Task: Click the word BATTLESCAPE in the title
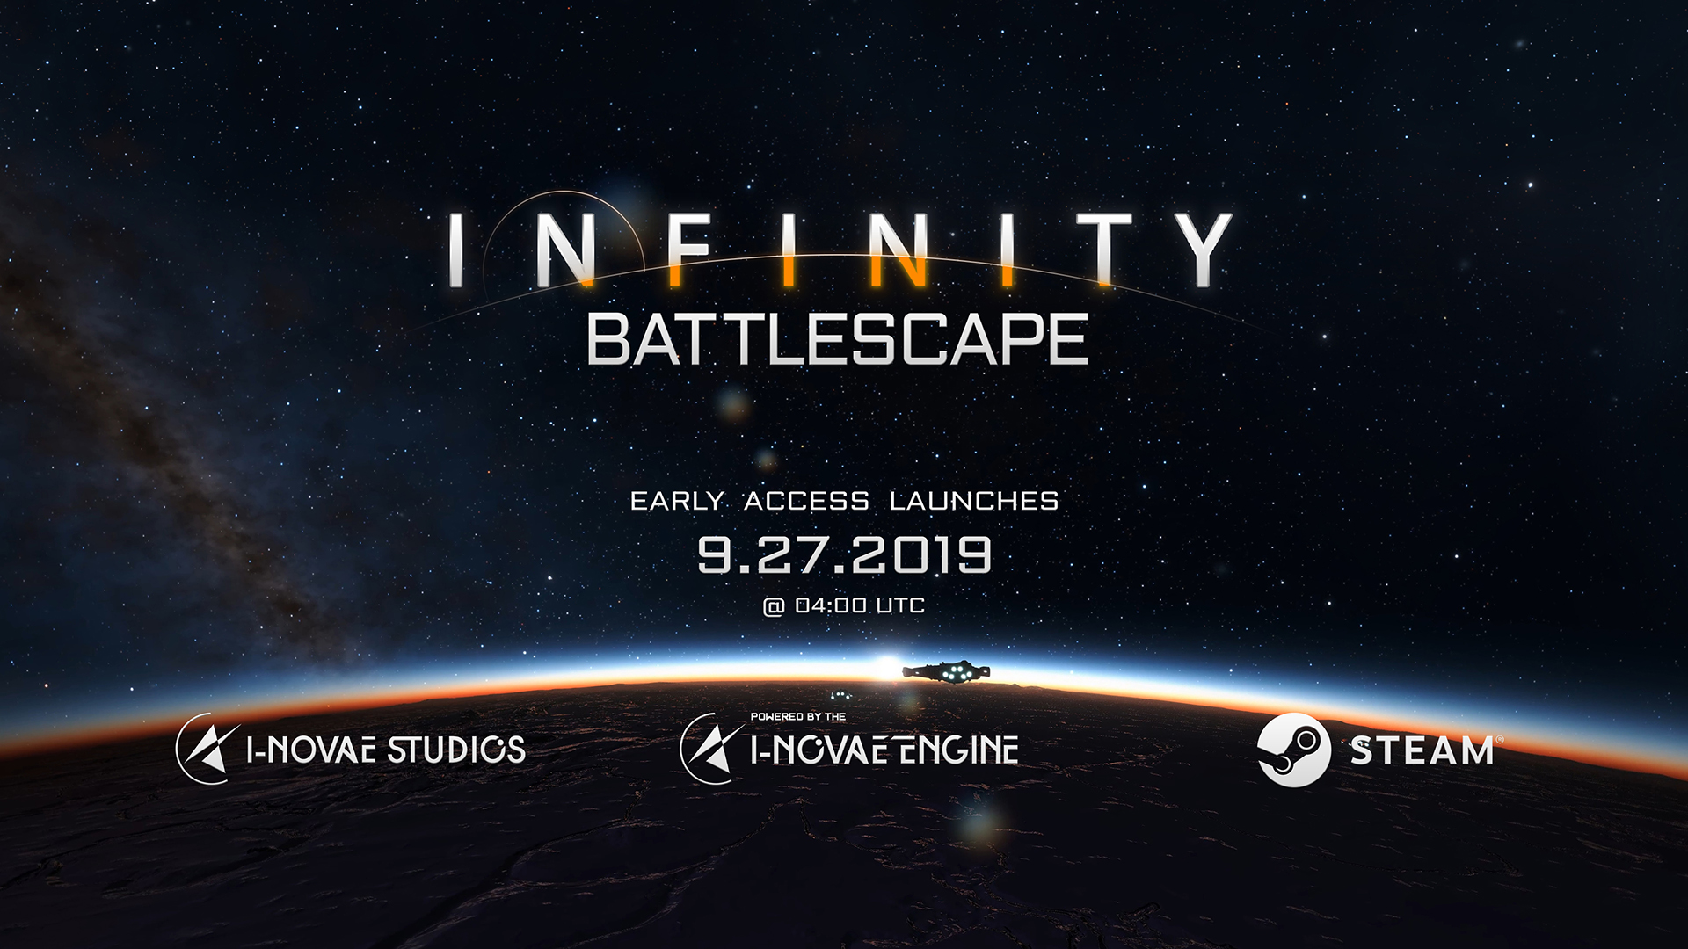pos(838,340)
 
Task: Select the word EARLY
pos(677,501)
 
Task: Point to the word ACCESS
pos(806,501)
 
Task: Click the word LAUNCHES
pos(974,501)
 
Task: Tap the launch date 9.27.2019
pos(845,554)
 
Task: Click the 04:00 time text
pos(831,605)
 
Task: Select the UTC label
pos(900,605)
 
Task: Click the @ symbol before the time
pos(774,606)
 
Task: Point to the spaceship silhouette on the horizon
pos(946,671)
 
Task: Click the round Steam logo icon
pos(1293,750)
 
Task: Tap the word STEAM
pos(1422,751)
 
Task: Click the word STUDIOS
pos(456,750)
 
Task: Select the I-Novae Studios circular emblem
pos(206,748)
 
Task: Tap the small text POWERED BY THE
pos(798,717)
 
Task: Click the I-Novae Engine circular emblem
pos(710,748)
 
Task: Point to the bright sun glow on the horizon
pos(886,668)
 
